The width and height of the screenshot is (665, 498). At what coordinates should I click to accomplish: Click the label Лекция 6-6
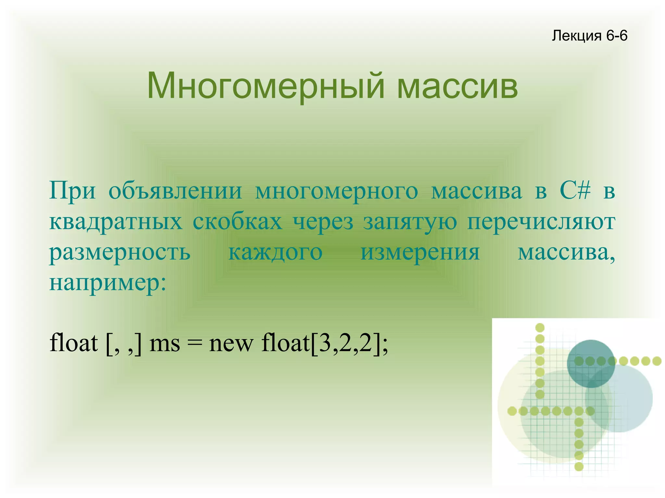click(589, 35)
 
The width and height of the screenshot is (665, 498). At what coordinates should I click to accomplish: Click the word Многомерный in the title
click(265, 86)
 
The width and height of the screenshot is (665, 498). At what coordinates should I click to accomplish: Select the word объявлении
click(175, 191)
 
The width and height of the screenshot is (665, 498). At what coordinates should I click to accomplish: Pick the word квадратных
click(116, 222)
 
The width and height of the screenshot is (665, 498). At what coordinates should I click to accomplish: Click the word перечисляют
click(541, 223)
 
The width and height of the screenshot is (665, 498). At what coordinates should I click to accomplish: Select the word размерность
click(119, 253)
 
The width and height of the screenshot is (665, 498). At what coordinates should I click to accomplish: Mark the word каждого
click(275, 253)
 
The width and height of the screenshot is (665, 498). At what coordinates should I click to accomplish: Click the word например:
click(107, 284)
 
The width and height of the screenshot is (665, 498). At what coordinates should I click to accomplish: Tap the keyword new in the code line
click(231, 343)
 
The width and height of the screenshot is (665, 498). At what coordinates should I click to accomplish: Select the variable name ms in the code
click(164, 343)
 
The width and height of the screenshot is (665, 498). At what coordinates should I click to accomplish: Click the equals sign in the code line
click(194, 343)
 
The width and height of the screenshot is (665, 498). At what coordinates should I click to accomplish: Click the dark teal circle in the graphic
click(591, 363)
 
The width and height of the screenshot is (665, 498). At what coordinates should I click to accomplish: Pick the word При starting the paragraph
click(72, 191)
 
